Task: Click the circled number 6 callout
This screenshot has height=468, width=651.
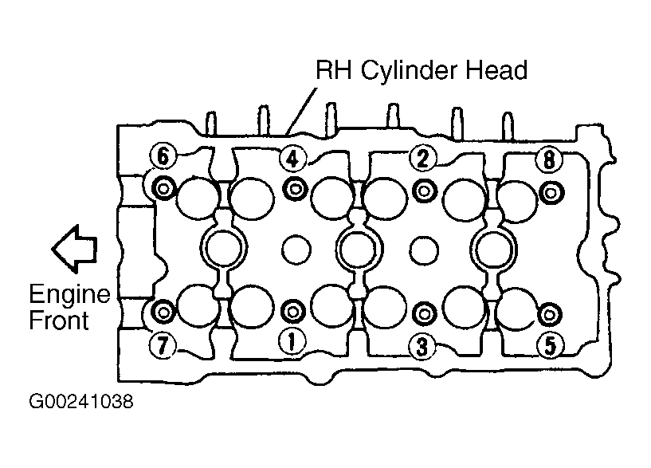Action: pyautogui.click(x=163, y=156)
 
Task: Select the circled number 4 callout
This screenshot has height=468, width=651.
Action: pyautogui.click(x=293, y=159)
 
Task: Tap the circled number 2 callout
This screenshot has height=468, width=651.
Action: pyautogui.click(x=423, y=158)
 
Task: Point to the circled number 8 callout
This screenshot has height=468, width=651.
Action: pyautogui.click(x=549, y=159)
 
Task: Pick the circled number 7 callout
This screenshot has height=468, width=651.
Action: pyautogui.click(x=163, y=344)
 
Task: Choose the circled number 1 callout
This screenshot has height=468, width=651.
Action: pyautogui.click(x=292, y=342)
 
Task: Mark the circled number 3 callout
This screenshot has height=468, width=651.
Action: pyautogui.click(x=422, y=347)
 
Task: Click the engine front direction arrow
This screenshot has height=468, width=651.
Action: pyautogui.click(x=74, y=249)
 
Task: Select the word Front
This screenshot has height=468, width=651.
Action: pyautogui.click(x=59, y=321)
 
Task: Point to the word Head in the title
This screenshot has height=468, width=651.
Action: pyautogui.click(x=496, y=70)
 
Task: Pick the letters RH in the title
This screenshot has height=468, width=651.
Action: pyautogui.click(x=333, y=70)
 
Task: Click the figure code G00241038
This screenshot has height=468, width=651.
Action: pyautogui.click(x=81, y=402)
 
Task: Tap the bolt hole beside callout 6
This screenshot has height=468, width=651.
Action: pyautogui.click(x=163, y=189)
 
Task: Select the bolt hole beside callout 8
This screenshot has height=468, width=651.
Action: pyautogui.click(x=551, y=193)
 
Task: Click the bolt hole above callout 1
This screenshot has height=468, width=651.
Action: pyautogui.click(x=293, y=312)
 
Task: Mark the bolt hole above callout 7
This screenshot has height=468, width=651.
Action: pyautogui.click(x=163, y=311)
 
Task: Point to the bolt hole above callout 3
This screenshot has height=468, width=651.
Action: pyautogui.click(x=425, y=314)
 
